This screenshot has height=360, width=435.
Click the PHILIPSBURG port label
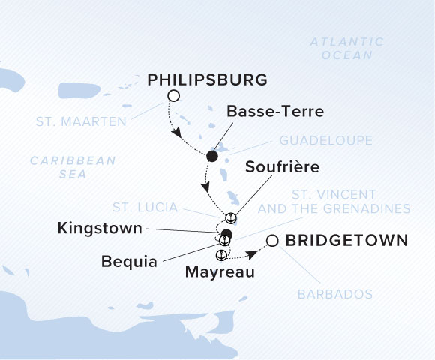pyautogui.click(x=208, y=79)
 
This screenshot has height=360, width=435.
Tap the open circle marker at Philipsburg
pyautogui.click(x=174, y=95)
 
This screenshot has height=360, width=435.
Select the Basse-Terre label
pyautogui.click(x=275, y=112)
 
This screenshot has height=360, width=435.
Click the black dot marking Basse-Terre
pyautogui.click(x=212, y=156)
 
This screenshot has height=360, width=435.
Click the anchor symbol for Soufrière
pyautogui.click(x=231, y=217)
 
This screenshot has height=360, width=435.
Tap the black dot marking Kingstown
pyautogui.click(x=227, y=235)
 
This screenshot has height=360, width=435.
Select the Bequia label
pyautogui.click(x=130, y=262)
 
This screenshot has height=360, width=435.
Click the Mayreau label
pyautogui.click(x=218, y=273)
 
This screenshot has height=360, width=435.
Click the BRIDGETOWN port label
pyautogui.click(x=347, y=241)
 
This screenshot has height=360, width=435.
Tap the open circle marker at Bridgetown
pyautogui.click(x=272, y=241)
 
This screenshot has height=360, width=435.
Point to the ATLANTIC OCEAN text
pyautogui.click(x=346, y=49)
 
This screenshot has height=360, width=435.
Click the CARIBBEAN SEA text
pyautogui.click(x=73, y=166)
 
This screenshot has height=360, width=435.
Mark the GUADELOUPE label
pyautogui.click(x=315, y=139)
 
